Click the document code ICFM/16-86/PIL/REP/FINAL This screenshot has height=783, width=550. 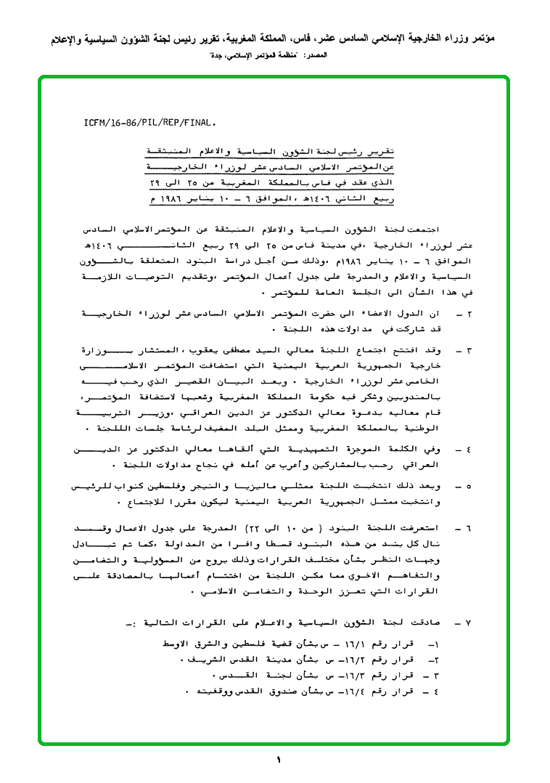[150, 123]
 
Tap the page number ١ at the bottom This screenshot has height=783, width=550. [278, 760]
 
